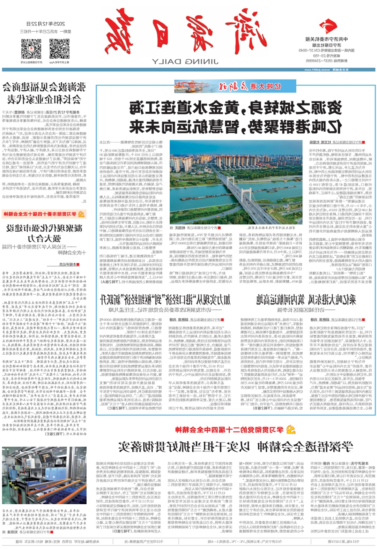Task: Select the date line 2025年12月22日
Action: [46, 24]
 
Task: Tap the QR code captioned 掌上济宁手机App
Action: [59, 49]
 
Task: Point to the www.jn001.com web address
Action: [317, 70]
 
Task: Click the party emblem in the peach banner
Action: [81, 214]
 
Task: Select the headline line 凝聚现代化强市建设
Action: [44, 228]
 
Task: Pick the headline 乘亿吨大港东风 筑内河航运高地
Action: [306, 299]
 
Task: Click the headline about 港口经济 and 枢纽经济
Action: [165, 299]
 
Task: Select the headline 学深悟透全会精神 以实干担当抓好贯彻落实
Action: [235, 447]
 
